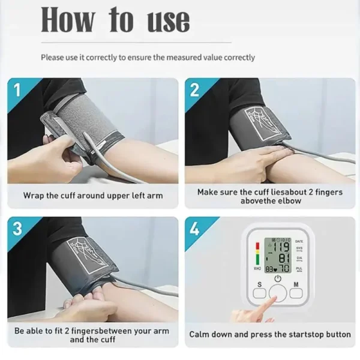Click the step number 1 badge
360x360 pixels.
coord(16,90)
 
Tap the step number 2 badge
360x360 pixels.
coord(194,90)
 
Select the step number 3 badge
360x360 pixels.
coord(16,229)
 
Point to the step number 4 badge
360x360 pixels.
coord(194,229)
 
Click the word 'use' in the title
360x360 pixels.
coord(169,21)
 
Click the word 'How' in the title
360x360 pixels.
coord(68,20)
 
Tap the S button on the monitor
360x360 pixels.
coord(259,293)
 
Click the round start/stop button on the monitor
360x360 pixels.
coord(278,294)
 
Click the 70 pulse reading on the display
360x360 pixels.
coord(284,269)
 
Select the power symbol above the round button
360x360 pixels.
coord(278,279)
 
